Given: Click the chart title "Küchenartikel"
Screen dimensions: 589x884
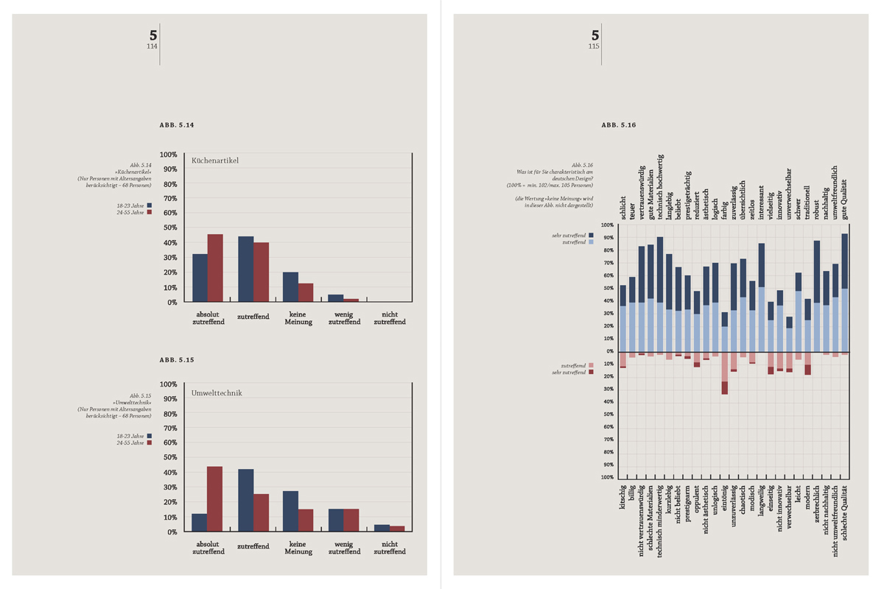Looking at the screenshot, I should pyautogui.click(x=215, y=161).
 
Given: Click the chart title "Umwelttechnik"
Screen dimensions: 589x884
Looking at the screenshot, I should pyautogui.click(x=217, y=393).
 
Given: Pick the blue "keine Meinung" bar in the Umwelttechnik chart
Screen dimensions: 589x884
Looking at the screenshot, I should pyautogui.click(x=290, y=511).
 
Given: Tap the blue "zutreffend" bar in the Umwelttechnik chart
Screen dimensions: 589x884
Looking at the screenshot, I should pyautogui.click(x=245, y=500).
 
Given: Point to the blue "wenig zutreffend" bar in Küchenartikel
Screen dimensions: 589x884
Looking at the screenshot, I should pyautogui.click(x=335, y=297).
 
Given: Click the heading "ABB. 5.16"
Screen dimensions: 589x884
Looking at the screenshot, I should pyautogui.click(x=618, y=126).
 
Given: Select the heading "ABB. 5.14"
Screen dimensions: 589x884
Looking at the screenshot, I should pyautogui.click(x=176, y=126).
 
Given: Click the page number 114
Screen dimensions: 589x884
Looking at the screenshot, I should pyautogui.click(x=152, y=46).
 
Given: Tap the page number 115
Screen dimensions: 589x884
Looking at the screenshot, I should pyautogui.click(x=594, y=46).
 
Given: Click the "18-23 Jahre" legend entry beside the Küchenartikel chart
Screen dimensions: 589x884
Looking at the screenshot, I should pyautogui.click(x=133, y=205).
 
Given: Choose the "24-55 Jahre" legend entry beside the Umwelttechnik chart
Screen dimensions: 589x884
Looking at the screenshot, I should pyautogui.click(x=133, y=443).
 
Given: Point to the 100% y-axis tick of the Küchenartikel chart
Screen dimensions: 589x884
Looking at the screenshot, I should pyautogui.click(x=168, y=155).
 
